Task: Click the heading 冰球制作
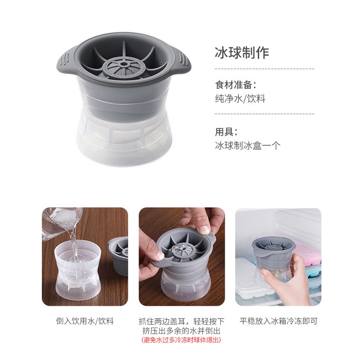242,53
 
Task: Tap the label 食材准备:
236,84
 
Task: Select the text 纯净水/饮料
240,99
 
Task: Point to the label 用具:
226,132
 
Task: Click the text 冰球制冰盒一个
248,145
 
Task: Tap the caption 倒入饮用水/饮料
85,321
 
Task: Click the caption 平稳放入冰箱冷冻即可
278,321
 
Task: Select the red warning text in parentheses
181,340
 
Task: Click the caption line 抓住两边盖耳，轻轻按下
181,321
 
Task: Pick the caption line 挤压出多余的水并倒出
181,331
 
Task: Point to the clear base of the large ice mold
124,140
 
